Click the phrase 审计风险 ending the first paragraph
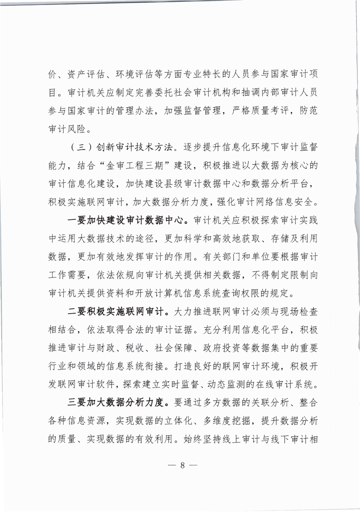pos(67,129)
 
